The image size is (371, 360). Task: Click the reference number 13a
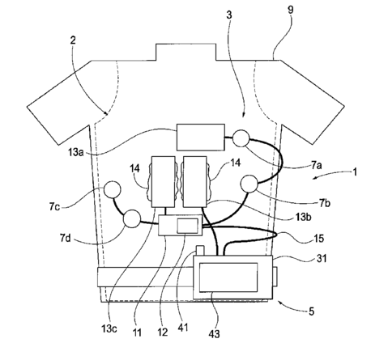75,153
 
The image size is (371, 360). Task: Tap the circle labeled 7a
241,138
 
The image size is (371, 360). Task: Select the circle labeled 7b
249,184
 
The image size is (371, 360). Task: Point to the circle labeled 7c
112,189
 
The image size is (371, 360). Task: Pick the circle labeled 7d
132,218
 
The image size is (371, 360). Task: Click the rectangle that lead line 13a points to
201,137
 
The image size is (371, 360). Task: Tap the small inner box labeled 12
187,226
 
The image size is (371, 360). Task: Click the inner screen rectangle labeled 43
228,277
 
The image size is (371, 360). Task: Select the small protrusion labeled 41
200,250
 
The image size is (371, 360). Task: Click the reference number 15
318,239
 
